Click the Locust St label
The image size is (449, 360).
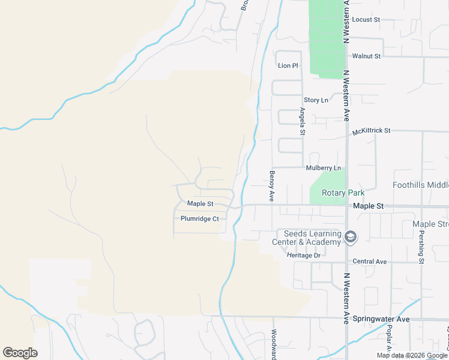[366, 20]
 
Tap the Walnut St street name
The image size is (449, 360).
[366, 56]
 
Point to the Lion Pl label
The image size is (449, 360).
[288, 65]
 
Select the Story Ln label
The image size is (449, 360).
[316, 100]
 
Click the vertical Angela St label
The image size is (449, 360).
[303, 121]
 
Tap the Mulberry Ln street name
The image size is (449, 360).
[323, 168]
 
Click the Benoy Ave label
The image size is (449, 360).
[272, 185]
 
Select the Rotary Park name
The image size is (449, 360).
[343, 193]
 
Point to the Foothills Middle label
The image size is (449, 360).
[421, 185]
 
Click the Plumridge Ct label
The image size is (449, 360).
[200, 219]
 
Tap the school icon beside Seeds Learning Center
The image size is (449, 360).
[351, 238]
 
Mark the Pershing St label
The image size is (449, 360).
[421, 247]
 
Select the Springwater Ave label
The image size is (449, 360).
[381, 319]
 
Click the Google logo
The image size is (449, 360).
[20, 353]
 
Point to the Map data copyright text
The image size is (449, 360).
[411, 355]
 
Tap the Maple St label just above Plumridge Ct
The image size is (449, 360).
[200, 204]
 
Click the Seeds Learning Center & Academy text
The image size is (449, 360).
[309, 238]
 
